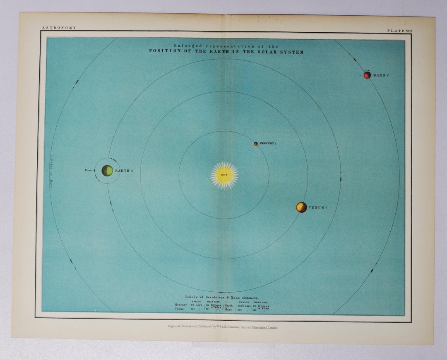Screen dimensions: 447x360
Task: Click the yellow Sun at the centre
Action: pyautogui.click(x=224, y=175)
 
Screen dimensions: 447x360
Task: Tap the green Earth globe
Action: pyautogui.click(x=107, y=170)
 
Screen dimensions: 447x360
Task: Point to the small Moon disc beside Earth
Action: pyautogui.click(x=95, y=170)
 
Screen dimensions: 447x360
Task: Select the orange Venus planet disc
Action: pyautogui.click(x=301, y=207)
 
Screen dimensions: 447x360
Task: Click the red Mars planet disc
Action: pyautogui.click(x=367, y=75)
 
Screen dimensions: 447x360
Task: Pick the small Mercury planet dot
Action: pyautogui.click(x=256, y=144)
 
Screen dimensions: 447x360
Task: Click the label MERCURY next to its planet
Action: pyautogui.click(x=267, y=144)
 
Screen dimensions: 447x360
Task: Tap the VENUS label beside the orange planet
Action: pyautogui.click(x=317, y=207)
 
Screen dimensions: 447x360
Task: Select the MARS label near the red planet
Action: pyautogui.click(x=380, y=75)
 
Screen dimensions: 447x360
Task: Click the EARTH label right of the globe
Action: pyautogui.click(x=123, y=170)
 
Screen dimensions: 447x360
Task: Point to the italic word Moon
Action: pyautogui.click(x=88, y=170)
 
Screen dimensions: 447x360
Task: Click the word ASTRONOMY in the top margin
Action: pyautogui.click(x=59, y=28)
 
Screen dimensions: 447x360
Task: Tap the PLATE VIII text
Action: pyautogui.click(x=399, y=31)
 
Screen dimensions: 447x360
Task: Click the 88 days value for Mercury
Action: pyautogui.click(x=196, y=305)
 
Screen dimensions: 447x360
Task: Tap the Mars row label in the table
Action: pyautogui.click(x=228, y=309)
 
